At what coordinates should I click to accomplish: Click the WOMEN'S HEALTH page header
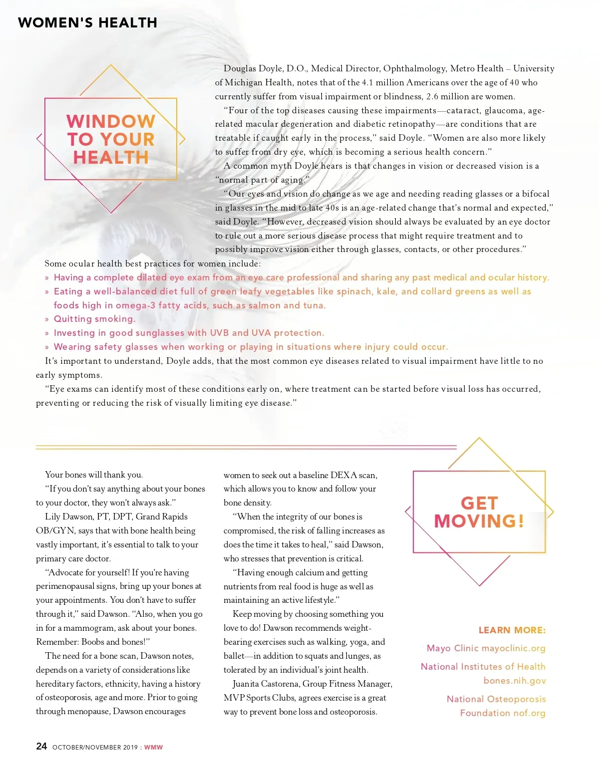87,23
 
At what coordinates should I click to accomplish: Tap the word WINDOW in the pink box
111,121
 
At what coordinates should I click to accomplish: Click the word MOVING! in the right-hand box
479,521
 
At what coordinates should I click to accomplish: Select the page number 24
41,746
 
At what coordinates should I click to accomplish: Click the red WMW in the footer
153,747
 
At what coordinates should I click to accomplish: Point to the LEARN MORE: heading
512,630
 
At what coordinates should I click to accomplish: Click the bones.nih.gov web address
515,681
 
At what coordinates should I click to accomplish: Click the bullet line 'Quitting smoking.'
94,319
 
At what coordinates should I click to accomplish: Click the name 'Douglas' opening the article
239,69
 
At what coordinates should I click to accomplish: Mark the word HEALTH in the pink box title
111,158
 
